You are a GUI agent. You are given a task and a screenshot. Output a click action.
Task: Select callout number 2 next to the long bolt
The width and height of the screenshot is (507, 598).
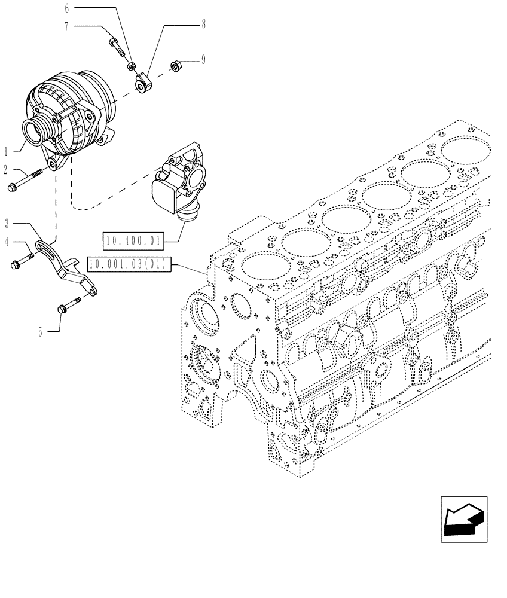tap(5, 170)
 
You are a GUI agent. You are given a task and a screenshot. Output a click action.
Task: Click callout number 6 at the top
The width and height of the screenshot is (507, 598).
tap(66, 8)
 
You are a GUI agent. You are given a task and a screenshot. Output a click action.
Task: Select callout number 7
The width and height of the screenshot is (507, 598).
tap(66, 26)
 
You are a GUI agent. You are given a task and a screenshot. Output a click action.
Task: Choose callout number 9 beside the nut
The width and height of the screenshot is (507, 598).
tap(203, 60)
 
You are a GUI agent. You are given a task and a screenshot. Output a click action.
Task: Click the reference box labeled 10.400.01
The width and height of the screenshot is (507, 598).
tap(133, 242)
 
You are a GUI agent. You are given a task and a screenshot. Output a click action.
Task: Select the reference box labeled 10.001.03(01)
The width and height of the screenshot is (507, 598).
tap(129, 263)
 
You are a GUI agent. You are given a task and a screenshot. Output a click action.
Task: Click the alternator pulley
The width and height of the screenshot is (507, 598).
tap(34, 131)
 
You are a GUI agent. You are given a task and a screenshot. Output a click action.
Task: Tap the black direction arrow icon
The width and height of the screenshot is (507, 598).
tap(464, 519)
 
